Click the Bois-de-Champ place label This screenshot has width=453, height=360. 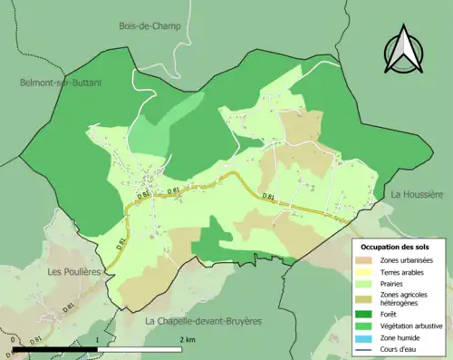point(149,26)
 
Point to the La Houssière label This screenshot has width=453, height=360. point(417,195)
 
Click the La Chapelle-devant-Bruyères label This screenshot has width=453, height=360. point(203,321)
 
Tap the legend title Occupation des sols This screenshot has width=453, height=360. point(397,247)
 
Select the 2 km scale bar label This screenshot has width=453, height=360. point(187,340)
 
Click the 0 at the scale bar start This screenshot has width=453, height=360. point(14,340)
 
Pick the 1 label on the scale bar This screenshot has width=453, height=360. point(97,340)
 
